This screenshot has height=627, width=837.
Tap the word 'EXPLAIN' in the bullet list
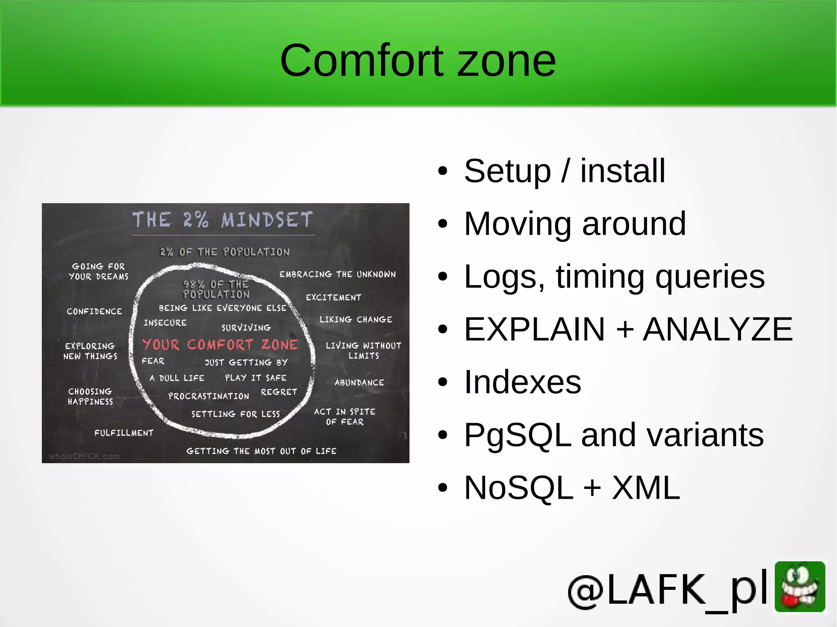(534, 329)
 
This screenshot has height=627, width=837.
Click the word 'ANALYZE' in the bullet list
(718, 329)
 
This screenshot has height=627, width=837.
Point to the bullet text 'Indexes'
(522, 382)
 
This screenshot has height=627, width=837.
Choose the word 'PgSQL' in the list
(517, 435)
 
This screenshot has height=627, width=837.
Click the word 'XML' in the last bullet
(646, 488)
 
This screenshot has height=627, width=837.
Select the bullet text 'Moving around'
(575, 224)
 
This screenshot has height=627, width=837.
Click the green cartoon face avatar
(800, 587)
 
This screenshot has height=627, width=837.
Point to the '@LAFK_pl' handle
(668, 590)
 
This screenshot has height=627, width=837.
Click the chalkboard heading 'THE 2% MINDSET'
(223, 220)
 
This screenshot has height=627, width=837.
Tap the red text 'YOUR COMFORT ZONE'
(220, 345)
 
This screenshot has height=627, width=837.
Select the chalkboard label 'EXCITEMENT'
(333, 297)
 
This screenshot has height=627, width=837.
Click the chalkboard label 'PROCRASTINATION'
(208, 396)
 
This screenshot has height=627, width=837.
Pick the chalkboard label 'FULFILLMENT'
(124, 433)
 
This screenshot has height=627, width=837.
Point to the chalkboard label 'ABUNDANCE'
(359, 383)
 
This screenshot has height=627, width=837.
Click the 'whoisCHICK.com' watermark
(84, 456)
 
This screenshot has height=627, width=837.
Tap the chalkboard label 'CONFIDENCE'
(94, 311)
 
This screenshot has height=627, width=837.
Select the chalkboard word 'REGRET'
(279, 392)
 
